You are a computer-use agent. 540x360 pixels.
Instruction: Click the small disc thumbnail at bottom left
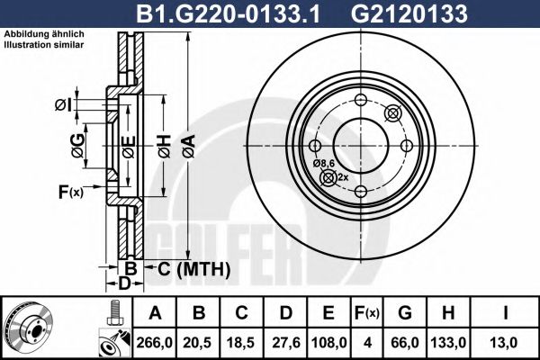click(29, 328)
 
